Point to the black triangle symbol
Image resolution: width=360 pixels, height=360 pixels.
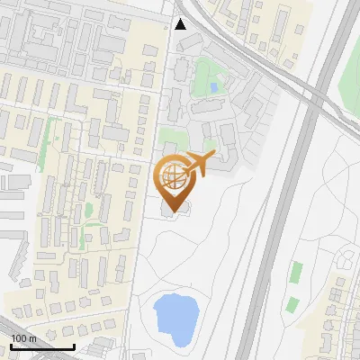tap(181, 24)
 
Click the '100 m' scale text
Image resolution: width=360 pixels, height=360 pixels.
tap(23, 337)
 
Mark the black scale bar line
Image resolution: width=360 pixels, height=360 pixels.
tap(41, 346)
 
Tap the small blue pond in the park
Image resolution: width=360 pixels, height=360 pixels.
tap(212, 87)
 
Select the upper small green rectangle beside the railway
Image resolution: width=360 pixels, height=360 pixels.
tap(296, 270)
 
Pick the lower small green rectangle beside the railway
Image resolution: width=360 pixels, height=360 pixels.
tap(292, 304)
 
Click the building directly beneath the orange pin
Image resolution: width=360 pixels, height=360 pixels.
tap(171, 207)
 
